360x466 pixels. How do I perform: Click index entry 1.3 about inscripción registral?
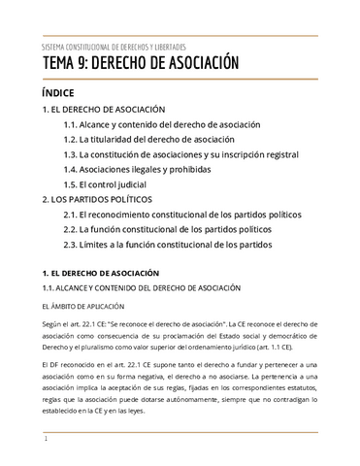click(180, 154)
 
